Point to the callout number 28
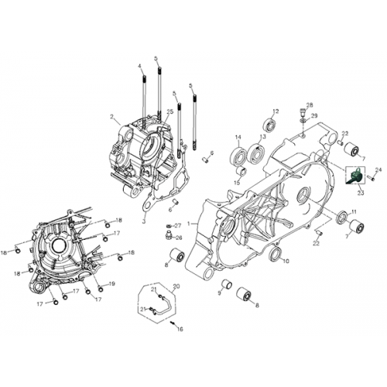(x=309, y=104)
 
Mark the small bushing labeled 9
(x=225, y=283)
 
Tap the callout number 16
(x=180, y=329)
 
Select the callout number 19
(x=112, y=284)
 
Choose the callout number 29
(x=314, y=116)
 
